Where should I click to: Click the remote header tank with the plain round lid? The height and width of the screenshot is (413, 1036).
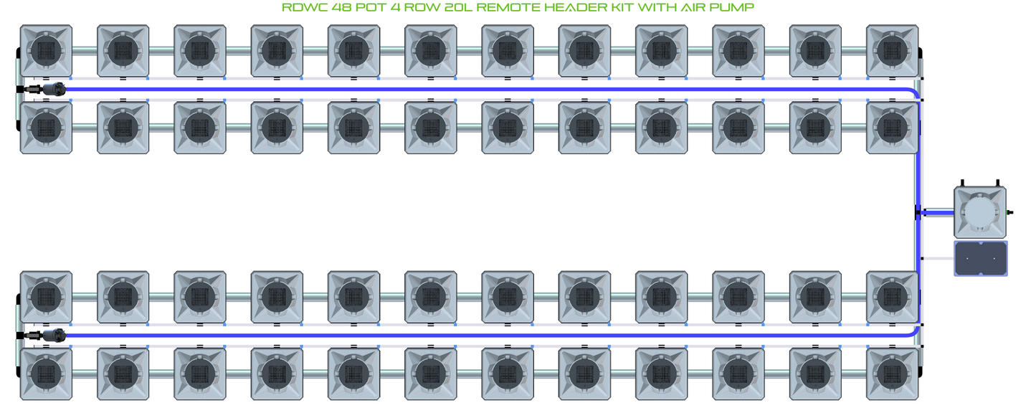(x=979, y=212)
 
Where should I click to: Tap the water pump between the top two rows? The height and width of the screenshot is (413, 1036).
(x=52, y=90)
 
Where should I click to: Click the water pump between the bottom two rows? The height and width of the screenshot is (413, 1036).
(x=52, y=335)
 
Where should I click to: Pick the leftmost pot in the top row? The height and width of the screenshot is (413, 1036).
(x=45, y=51)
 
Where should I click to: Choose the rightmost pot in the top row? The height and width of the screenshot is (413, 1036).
(x=892, y=51)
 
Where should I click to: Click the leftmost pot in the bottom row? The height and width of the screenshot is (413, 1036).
(x=45, y=374)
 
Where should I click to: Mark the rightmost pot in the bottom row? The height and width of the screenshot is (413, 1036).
(x=892, y=374)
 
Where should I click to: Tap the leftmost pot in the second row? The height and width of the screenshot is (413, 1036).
(x=45, y=128)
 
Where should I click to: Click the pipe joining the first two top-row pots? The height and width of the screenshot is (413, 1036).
(x=84, y=50)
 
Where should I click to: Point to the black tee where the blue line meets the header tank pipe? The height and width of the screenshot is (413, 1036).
(x=918, y=212)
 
